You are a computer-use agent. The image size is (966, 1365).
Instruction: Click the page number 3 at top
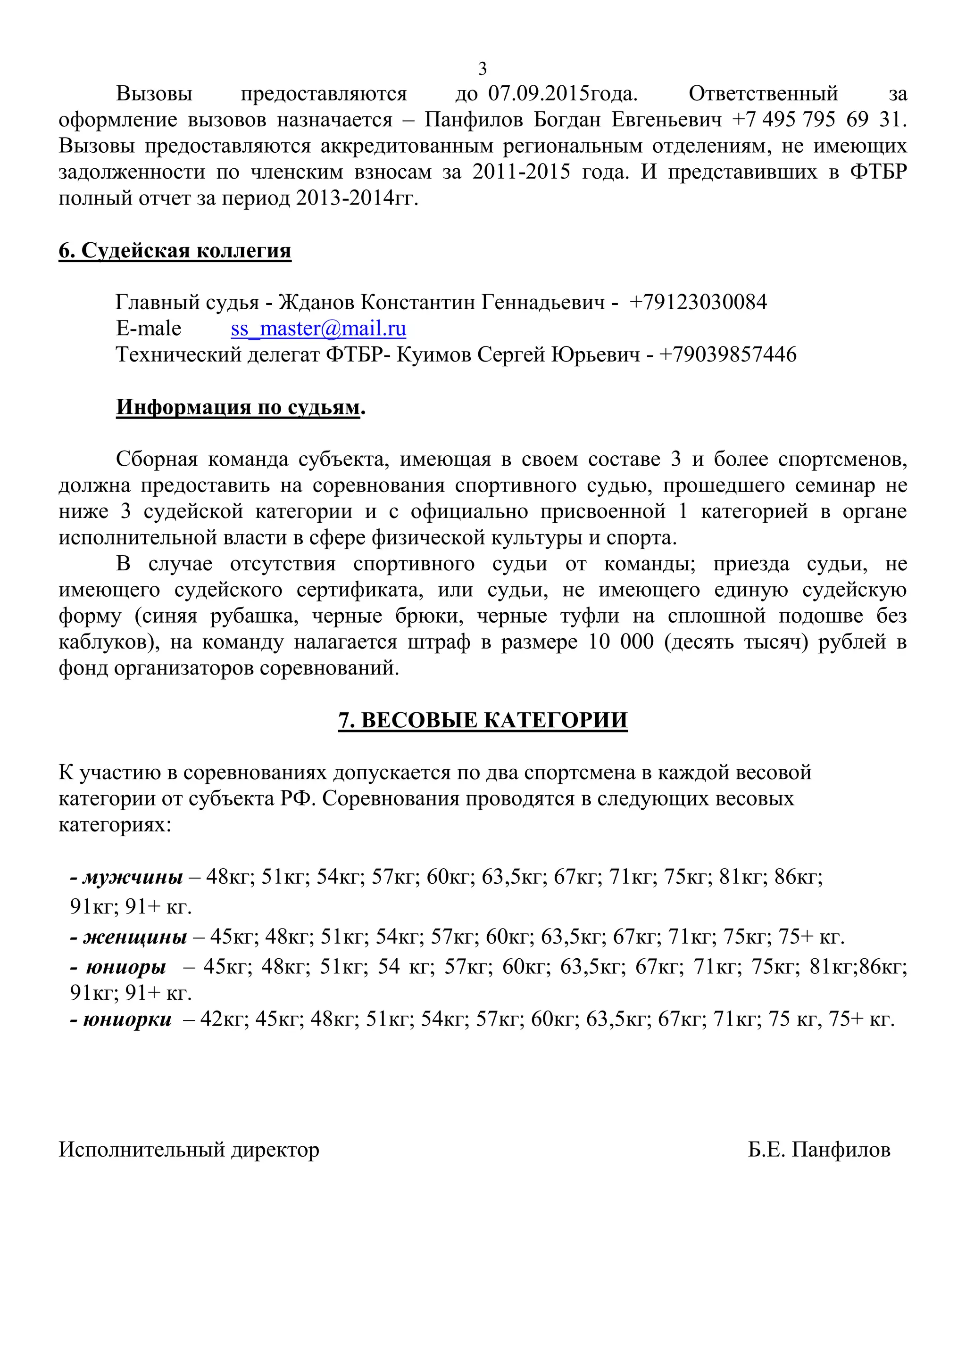click(483, 69)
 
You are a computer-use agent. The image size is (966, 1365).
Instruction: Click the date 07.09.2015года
click(563, 94)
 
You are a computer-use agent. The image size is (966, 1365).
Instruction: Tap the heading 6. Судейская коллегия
click(175, 250)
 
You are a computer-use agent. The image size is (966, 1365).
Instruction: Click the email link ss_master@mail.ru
click(318, 329)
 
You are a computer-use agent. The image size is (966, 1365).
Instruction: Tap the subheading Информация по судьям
click(238, 407)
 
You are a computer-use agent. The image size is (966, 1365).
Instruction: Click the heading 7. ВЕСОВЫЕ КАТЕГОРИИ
click(483, 720)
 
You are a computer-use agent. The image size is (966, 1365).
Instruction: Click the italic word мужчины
click(133, 877)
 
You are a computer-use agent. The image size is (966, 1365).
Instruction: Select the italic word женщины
click(135, 937)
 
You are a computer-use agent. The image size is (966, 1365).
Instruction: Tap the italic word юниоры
click(126, 967)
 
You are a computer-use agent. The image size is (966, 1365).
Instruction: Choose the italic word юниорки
click(127, 1020)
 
